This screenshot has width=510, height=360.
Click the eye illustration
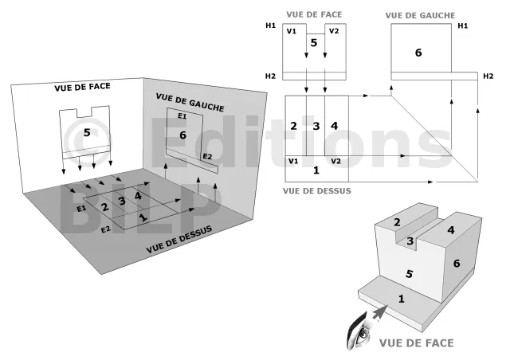click(359, 331)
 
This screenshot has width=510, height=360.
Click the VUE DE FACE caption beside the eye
click(416, 343)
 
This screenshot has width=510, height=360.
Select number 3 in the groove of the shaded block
click(410, 241)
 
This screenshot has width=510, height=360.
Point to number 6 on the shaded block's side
click(457, 263)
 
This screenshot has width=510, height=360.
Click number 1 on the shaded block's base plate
click(402, 299)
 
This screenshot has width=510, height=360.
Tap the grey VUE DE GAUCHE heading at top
click(420, 15)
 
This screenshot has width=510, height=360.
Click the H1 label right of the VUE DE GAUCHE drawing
click(462, 25)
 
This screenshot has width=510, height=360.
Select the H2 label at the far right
click(488, 76)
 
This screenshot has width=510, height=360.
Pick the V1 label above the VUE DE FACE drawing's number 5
click(292, 31)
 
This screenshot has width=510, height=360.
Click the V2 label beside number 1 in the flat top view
click(335, 162)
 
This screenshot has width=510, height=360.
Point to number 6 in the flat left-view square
click(418, 53)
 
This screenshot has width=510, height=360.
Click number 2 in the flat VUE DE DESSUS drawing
click(293, 126)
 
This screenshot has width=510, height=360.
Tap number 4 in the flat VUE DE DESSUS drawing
click(335, 126)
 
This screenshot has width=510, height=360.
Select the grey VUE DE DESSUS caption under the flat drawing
click(317, 191)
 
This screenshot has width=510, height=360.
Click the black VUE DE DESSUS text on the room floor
click(179, 240)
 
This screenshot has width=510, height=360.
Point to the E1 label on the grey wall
click(182, 116)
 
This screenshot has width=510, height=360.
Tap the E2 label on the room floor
click(105, 229)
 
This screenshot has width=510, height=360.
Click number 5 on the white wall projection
click(87, 132)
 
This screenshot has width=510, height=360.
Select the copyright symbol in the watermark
click(87, 140)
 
